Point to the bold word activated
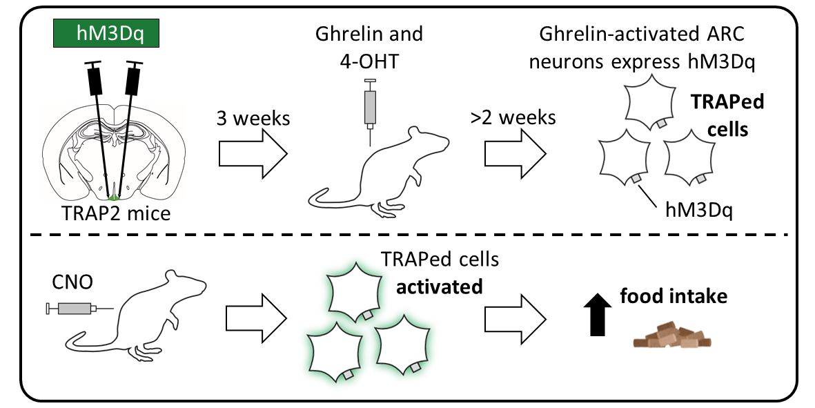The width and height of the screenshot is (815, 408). coord(438,286)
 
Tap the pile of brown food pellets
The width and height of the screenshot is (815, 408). coord(672,337)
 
